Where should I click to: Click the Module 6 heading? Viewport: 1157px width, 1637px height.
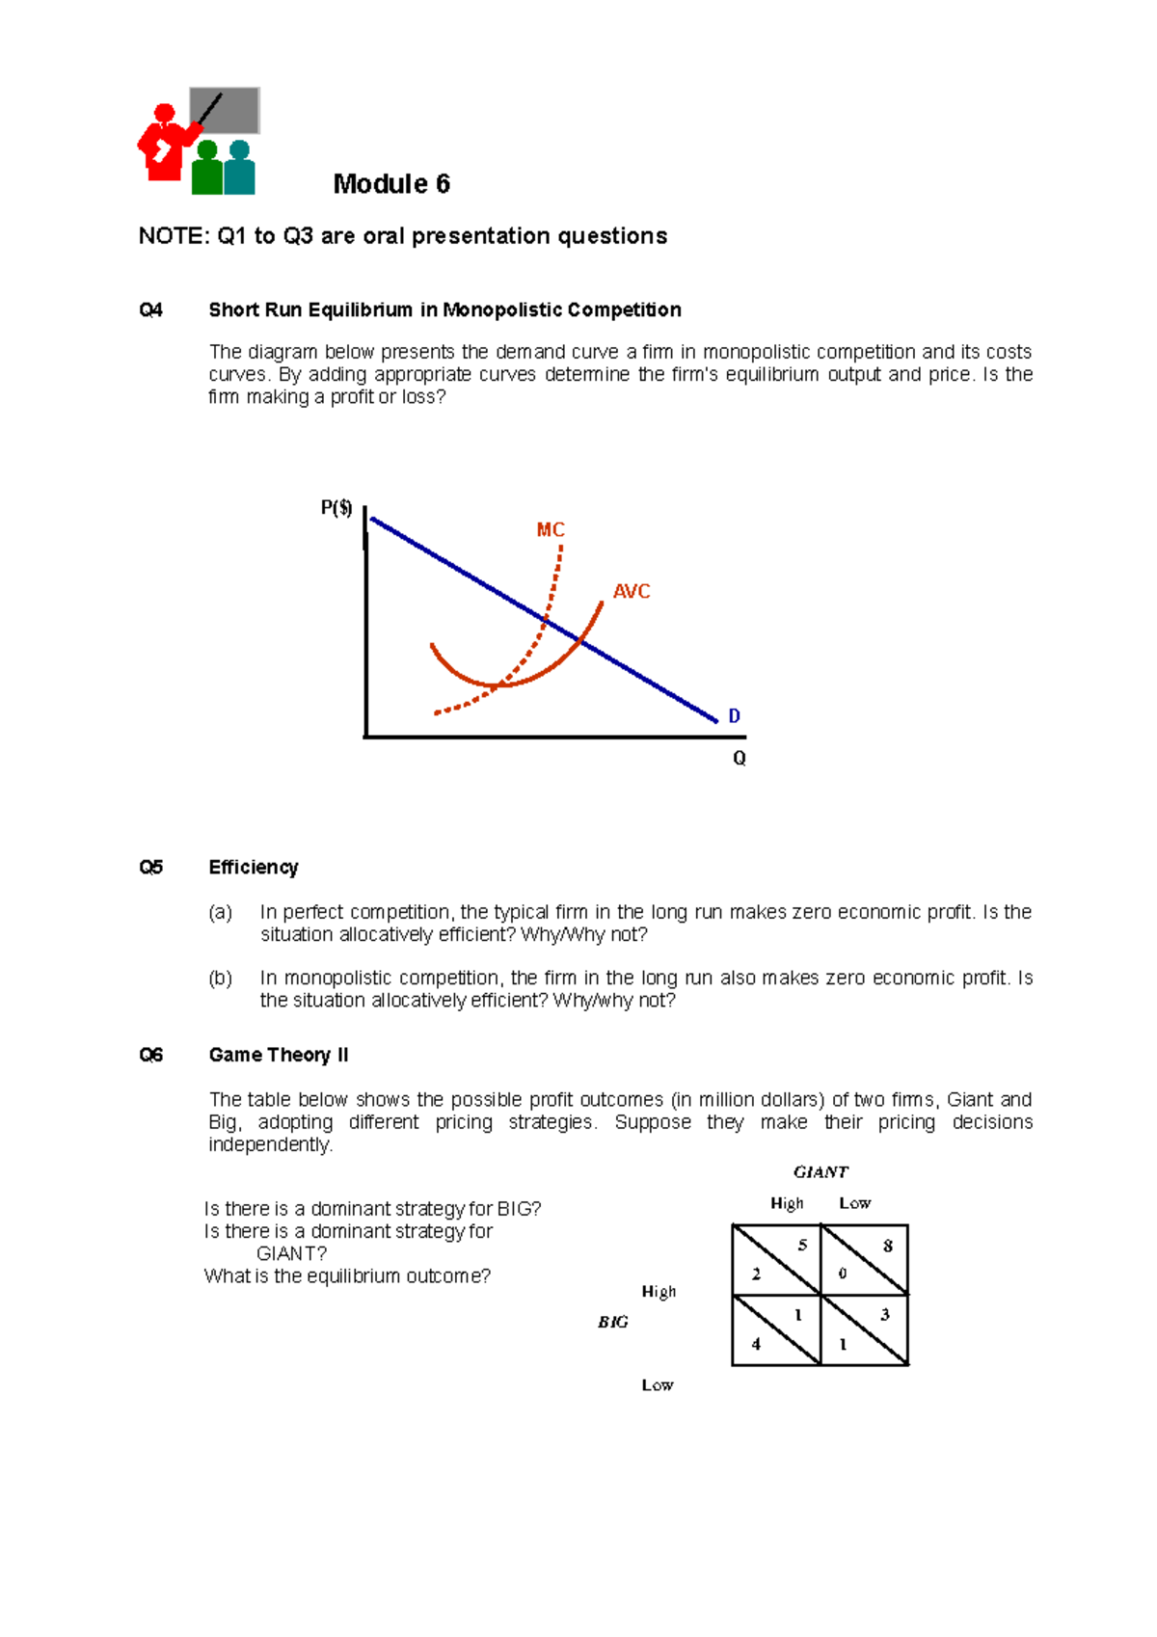(x=391, y=184)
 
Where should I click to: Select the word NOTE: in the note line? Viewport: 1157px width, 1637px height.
(x=173, y=236)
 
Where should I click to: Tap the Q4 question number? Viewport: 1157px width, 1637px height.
(x=150, y=310)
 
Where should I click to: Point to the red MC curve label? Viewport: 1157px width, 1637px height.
(x=550, y=530)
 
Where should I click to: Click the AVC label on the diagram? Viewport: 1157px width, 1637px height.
(x=632, y=591)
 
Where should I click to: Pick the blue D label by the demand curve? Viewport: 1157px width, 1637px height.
(x=734, y=716)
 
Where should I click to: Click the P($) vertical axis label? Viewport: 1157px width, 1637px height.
(x=336, y=508)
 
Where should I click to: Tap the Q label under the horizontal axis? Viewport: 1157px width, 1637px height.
(x=740, y=759)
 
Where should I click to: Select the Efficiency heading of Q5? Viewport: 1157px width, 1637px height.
(x=254, y=868)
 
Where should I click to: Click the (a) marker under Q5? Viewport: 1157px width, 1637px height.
(x=221, y=912)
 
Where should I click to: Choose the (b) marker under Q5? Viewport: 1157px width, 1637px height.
(x=221, y=979)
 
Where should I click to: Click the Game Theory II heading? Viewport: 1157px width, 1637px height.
(x=279, y=1056)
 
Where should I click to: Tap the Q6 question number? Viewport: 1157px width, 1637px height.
(x=150, y=1056)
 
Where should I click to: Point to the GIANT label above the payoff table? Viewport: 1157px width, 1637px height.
(x=821, y=1172)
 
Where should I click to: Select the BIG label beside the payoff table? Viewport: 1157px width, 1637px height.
(x=613, y=1323)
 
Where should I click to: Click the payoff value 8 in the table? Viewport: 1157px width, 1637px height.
(x=888, y=1246)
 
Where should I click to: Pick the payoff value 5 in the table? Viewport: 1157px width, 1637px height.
(x=802, y=1245)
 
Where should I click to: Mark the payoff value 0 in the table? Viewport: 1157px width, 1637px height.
(x=843, y=1274)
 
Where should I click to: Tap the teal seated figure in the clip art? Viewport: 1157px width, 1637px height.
(x=239, y=170)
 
